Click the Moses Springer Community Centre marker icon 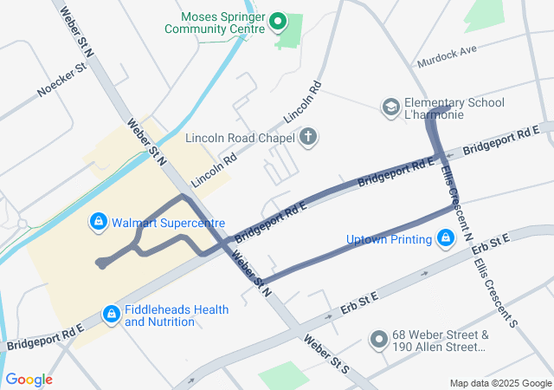pyautogui.click(x=278, y=21)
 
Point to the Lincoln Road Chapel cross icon pyautogui.click(x=307, y=137)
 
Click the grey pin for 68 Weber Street pyautogui.click(x=378, y=341)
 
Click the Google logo pyautogui.click(x=29, y=380)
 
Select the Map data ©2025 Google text pyautogui.click(x=499, y=383)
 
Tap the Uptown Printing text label pyautogui.click(x=389, y=239)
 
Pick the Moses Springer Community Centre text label pyautogui.click(x=222, y=22)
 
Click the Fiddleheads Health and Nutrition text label pyautogui.click(x=177, y=315)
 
